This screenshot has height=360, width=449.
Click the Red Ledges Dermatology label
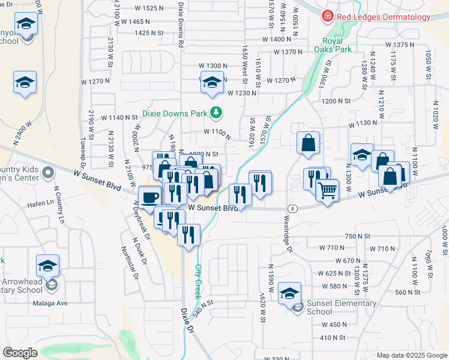click(385, 17)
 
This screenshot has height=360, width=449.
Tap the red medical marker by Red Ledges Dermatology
click(328, 17)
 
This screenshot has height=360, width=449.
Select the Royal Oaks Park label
click(333, 45)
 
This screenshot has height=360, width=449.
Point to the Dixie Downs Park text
click(174, 112)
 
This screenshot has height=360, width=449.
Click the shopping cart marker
click(327, 191)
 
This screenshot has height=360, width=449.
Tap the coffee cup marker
click(149, 196)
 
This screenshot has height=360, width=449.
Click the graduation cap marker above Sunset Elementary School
click(290, 293)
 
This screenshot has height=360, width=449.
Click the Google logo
click(20, 353)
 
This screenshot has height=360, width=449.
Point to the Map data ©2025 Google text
click(412, 355)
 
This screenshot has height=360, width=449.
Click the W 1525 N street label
click(146, 8)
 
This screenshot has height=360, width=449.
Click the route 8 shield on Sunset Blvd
click(292, 208)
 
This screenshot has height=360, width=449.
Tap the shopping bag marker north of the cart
click(308, 143)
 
